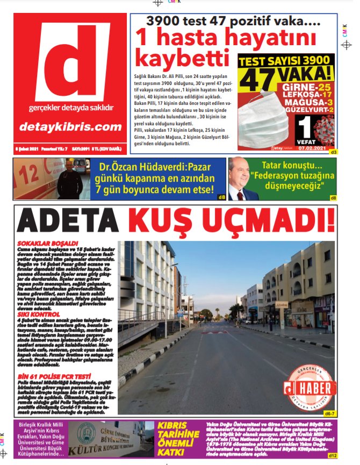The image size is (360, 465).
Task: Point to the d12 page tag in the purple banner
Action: pos(332,456)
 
